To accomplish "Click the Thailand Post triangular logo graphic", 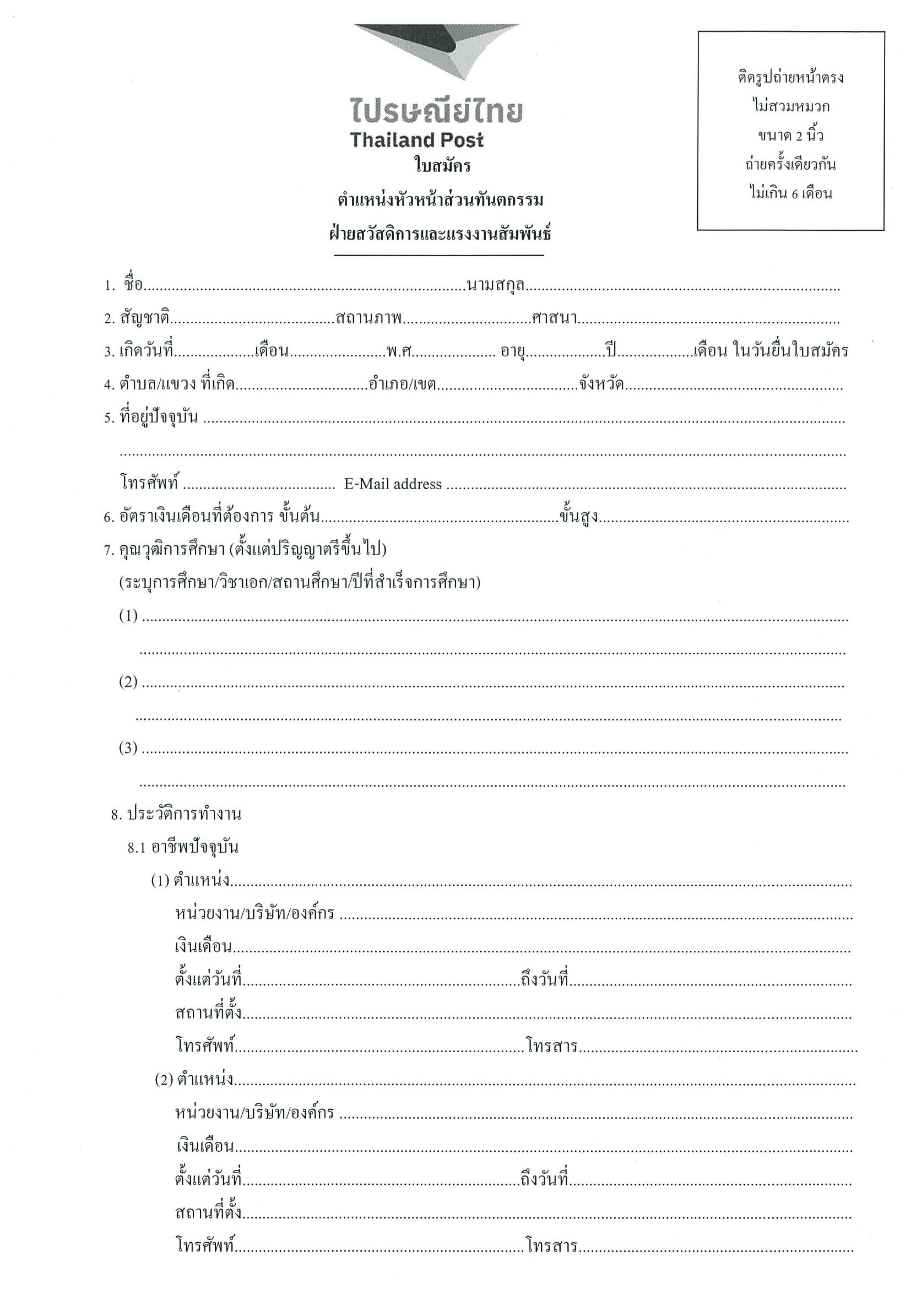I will (x=437, y=52).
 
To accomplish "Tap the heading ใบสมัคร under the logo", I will (x=442, y=166).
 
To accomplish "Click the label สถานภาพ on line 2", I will (x=369, y=318).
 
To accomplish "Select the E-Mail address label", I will (x=393, y=484).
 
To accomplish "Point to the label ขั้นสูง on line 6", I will (x=578, y=516).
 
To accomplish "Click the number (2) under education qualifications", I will (x=128, y=682).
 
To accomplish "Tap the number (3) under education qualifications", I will (x=128, y=748).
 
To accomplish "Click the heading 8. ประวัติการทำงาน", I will (x=176, y=814).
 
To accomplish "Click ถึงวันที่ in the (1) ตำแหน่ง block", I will (x=545, y=980).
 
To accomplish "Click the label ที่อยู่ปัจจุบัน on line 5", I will (x=159, y=418).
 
